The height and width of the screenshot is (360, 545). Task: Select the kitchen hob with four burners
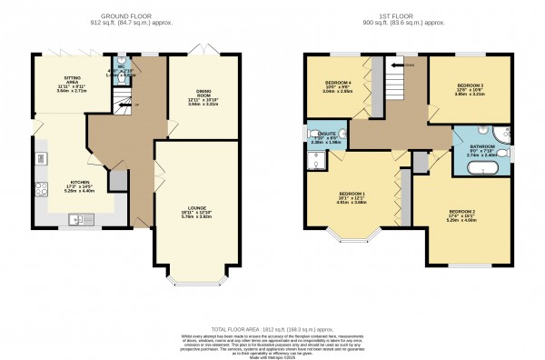click(41, 190)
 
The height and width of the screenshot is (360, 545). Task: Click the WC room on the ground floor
click(125, 73)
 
